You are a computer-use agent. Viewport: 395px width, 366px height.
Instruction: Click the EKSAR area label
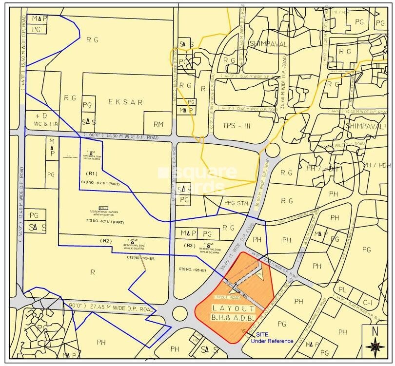point(126,102)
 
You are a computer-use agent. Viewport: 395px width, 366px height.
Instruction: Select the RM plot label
point(159,124)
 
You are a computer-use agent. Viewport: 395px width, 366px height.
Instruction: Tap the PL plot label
point(343,289)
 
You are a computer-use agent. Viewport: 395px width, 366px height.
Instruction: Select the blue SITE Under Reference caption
point(272,337)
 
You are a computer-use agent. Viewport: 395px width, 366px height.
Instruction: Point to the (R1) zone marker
point(93,173)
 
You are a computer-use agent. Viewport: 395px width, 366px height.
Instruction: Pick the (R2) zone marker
point(106,241)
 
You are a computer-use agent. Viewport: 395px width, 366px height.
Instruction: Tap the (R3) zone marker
point(190,246)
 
